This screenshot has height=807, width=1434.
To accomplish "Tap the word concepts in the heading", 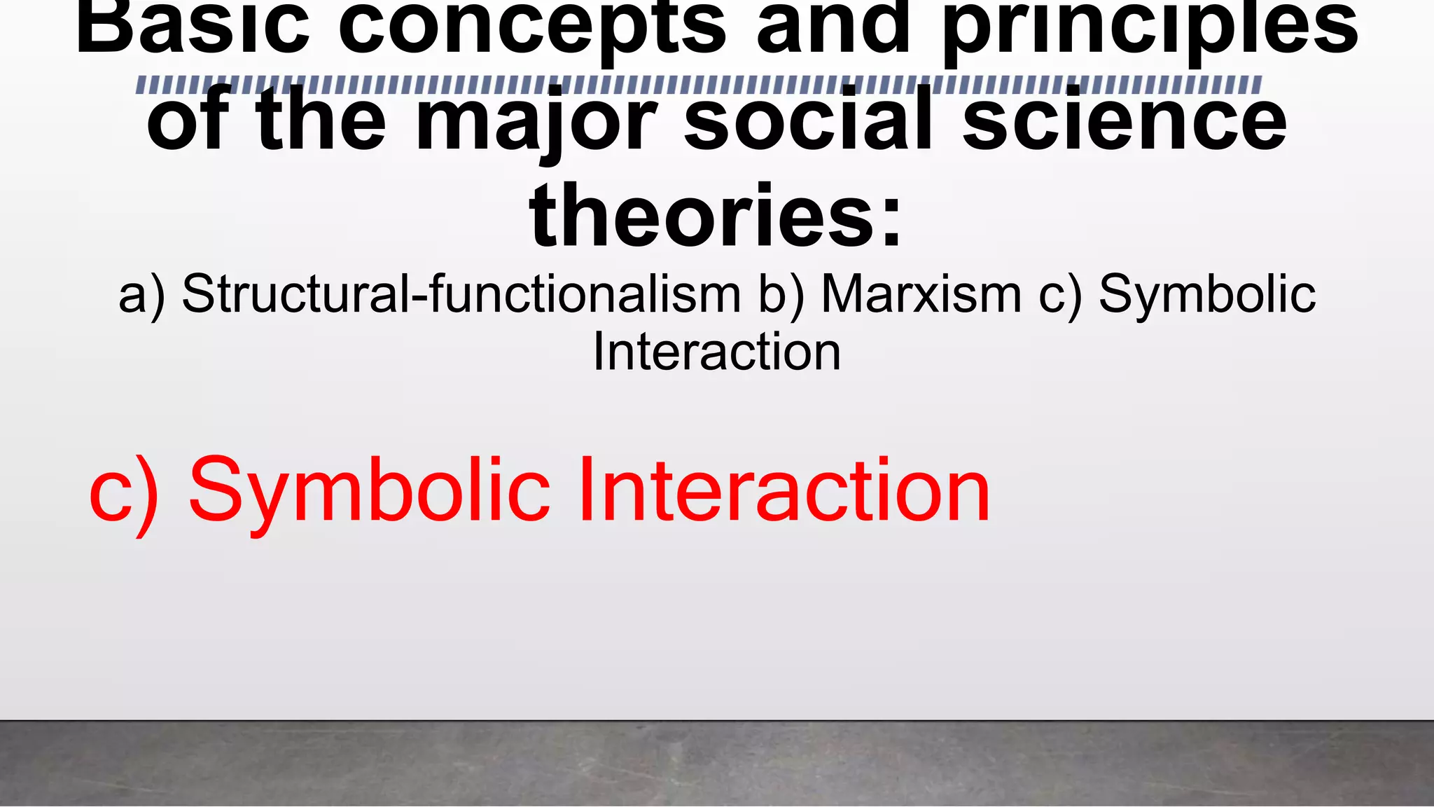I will (532, 28).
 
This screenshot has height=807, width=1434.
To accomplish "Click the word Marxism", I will (921, 294).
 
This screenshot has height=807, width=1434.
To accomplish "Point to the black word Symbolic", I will (1207, 294).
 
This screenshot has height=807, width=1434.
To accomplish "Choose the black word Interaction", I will (716, 352).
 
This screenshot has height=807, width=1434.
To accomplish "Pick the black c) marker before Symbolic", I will (1060, 295).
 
